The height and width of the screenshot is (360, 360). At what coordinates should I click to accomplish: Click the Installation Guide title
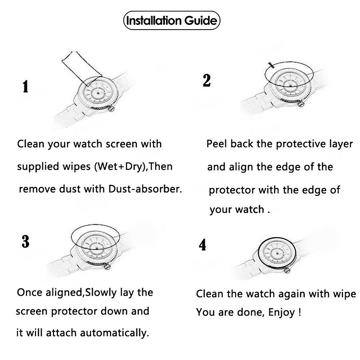(x=171, y=21)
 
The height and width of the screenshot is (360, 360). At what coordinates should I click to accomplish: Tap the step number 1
(x=26, y=86)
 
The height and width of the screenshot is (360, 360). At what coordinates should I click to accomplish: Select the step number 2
(x=207, y=81)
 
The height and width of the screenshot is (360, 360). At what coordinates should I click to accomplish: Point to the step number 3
(x=26, y=242)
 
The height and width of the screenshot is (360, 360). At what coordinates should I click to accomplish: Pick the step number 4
(x=202, y=245)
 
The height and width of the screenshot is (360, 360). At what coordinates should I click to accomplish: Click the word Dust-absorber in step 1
(x=145, y=189)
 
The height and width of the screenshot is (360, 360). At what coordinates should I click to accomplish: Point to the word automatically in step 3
(x=114, y=333)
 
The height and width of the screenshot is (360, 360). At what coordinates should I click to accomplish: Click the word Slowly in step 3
(x=101, y=292)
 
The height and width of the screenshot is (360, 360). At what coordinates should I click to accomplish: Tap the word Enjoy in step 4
(x=282, y=312)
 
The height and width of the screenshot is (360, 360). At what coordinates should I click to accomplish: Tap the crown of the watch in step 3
(x=107, y=266)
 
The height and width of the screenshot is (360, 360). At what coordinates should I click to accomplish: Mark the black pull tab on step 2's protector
(x=271, y=65)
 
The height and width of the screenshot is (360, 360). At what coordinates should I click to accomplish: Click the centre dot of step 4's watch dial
(x=277, y=254)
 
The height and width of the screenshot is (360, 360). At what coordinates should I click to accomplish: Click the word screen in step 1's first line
(x=121, y=144)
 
